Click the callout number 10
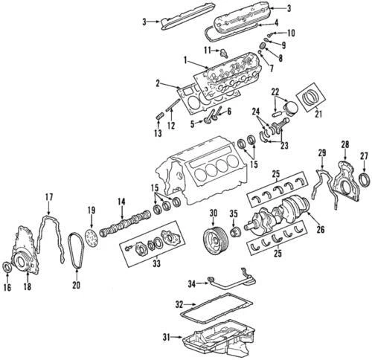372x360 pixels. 291,33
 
